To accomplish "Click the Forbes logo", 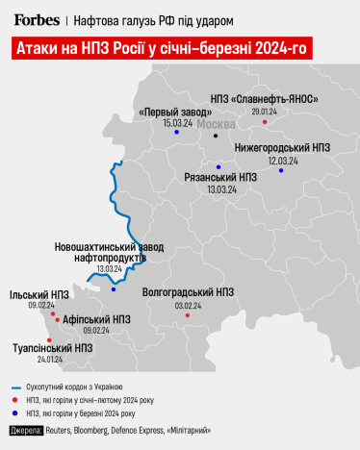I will coord(36,18).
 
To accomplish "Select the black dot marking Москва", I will coord(216,136).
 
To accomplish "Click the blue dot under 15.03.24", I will coord(177,133).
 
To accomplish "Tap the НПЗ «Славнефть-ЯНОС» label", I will coord(264,100).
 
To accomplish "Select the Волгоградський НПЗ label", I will coord(188,291).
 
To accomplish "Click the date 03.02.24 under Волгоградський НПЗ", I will coord(188,305).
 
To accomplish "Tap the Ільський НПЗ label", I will coord(39,295).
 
